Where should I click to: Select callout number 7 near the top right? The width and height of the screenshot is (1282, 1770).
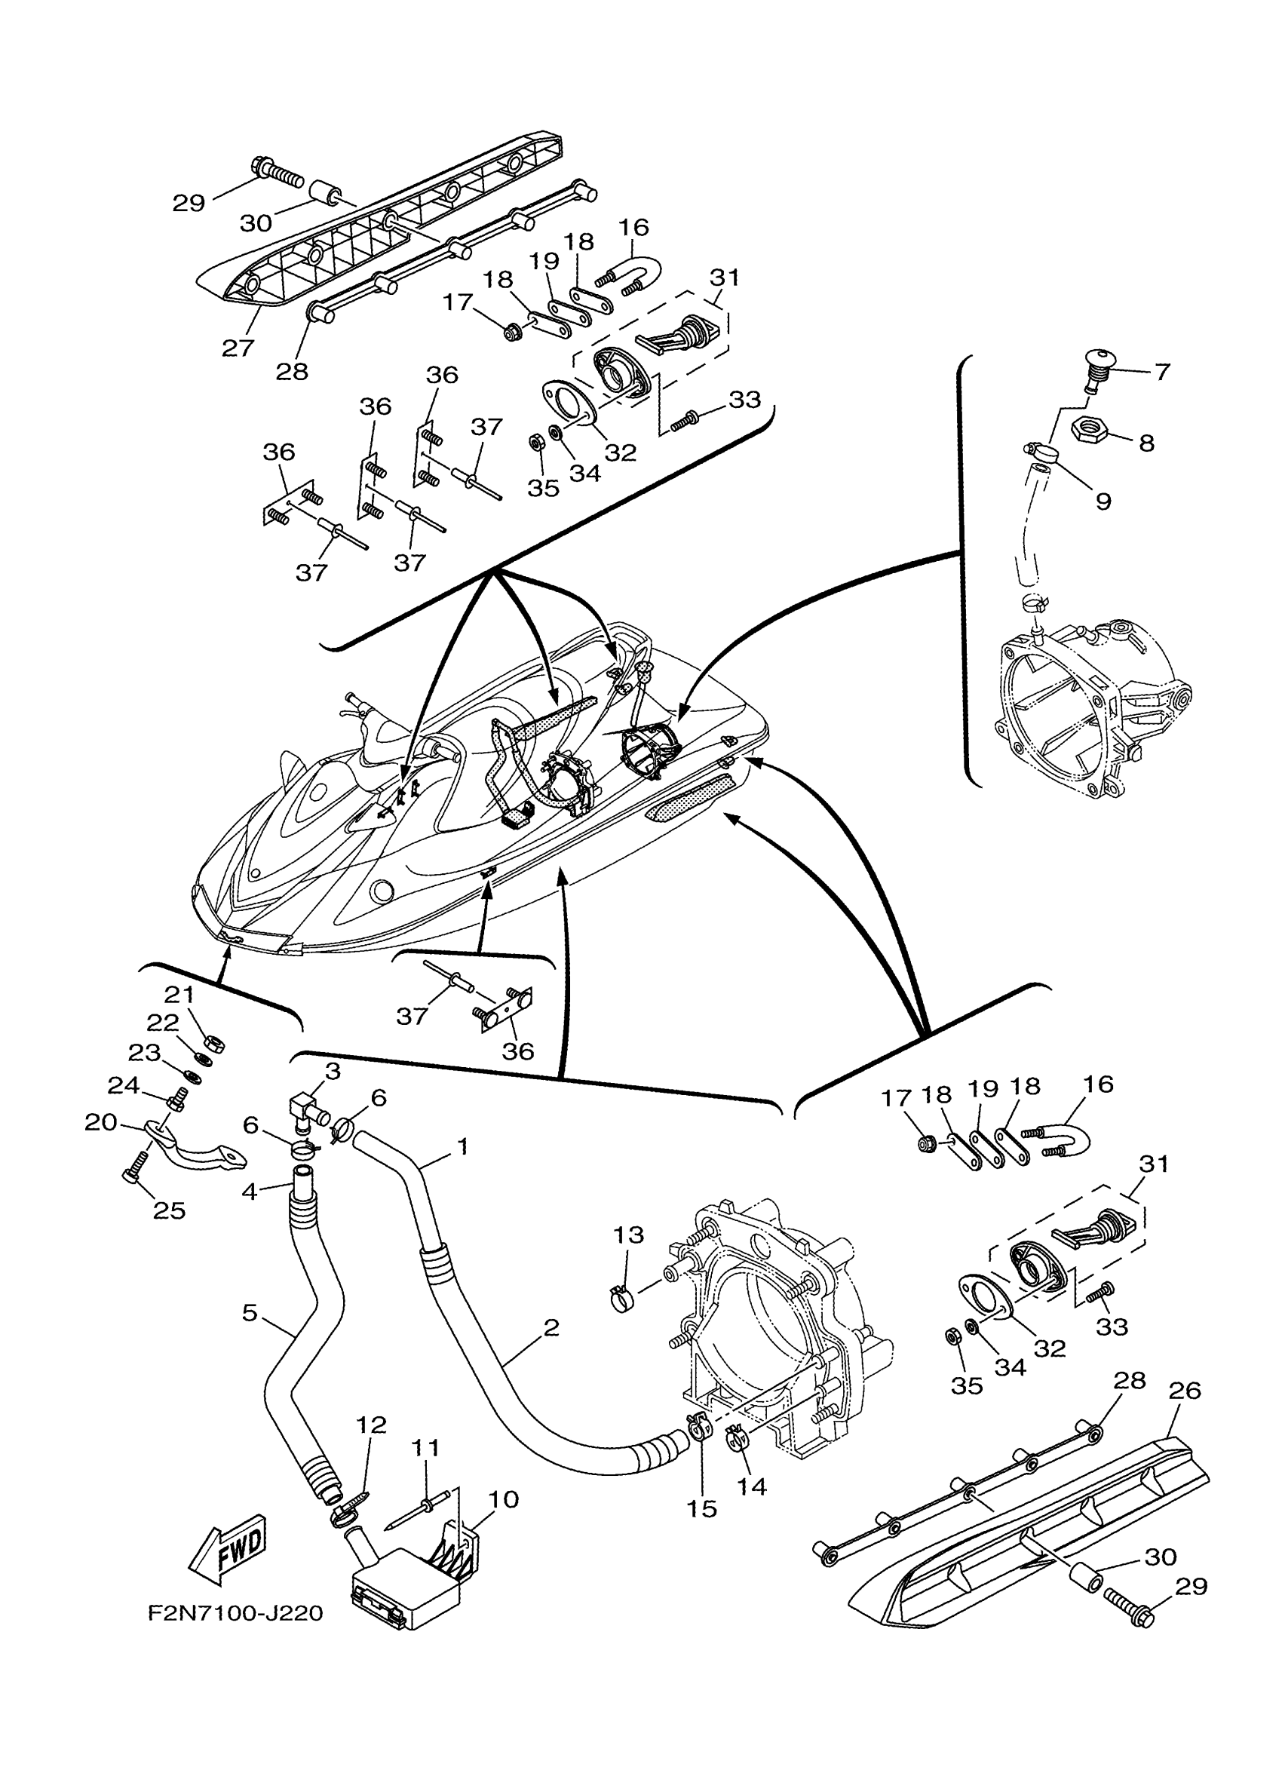click(x=1162, y=372)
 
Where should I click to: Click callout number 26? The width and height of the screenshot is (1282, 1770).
click(x=1185, y=1390)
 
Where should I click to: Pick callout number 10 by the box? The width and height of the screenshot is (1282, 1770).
click(x=503, y=1499)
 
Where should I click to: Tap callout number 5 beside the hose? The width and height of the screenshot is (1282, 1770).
click(x=249, y=1313)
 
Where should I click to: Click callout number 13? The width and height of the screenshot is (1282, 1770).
click(x=628, y=1235)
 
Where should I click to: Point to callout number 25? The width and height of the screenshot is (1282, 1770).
click(x=170, y=1210)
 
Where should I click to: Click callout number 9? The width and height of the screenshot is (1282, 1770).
click(x=1103, y=500)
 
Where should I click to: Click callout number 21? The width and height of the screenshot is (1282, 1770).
click(x=179, y=994)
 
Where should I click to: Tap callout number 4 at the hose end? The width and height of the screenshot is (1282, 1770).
click(x=249, y=1192)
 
